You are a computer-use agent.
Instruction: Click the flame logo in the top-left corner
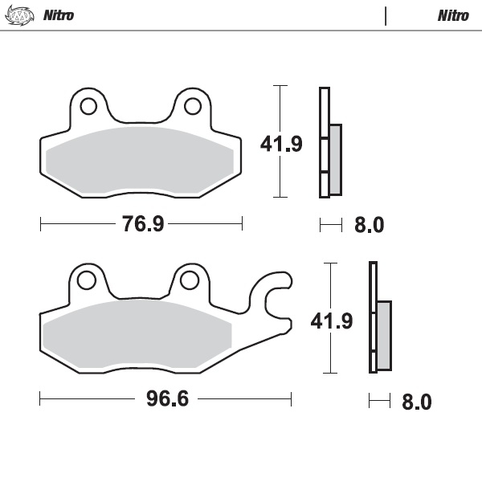coord(20,15)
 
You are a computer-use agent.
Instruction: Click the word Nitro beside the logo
coord(59,15)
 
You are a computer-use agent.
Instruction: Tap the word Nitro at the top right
coord(453,15)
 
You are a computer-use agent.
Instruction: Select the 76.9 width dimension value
coord(143,223)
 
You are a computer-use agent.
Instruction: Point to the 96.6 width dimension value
coord(167,398)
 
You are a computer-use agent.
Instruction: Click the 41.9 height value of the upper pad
coord(281,144)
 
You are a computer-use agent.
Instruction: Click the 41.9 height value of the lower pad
coord(332,321)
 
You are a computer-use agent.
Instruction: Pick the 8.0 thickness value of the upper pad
coord(370,225)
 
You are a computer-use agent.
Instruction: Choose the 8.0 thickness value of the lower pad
coord(417,402)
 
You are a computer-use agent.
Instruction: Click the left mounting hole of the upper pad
coord(88,106)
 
